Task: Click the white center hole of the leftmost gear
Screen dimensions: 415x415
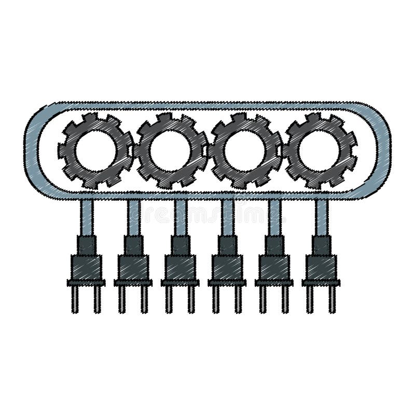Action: click(x=95, y=151)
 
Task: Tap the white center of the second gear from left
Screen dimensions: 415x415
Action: click(x=171, y=151)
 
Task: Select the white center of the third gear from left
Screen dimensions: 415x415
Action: click(x=245, y=151)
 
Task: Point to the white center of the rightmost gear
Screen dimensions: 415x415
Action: click(x=320, y=151)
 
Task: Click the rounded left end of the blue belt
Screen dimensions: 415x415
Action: click(x=33, y=150)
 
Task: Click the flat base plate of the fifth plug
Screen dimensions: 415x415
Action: click(x=274, y=283)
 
